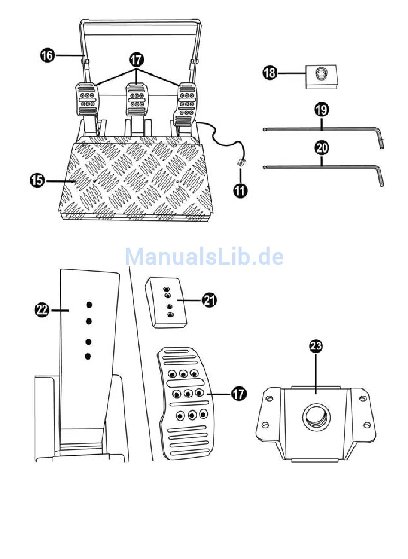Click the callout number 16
click(47, 55)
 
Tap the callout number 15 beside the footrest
click(37, 180)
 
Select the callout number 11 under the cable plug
click(241, 190)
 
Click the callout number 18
click(270, 73)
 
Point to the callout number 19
click(322, 110)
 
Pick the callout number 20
click(322, 148)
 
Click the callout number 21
click(210, 301)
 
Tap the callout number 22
click(42, 310)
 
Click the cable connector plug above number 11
click(241, 163)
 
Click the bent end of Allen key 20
click(380, 177)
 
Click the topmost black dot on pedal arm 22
click(89, 305)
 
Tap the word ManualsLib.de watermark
click(204, 257)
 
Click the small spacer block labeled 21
click(166, 303)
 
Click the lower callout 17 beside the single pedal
click(239, 393)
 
